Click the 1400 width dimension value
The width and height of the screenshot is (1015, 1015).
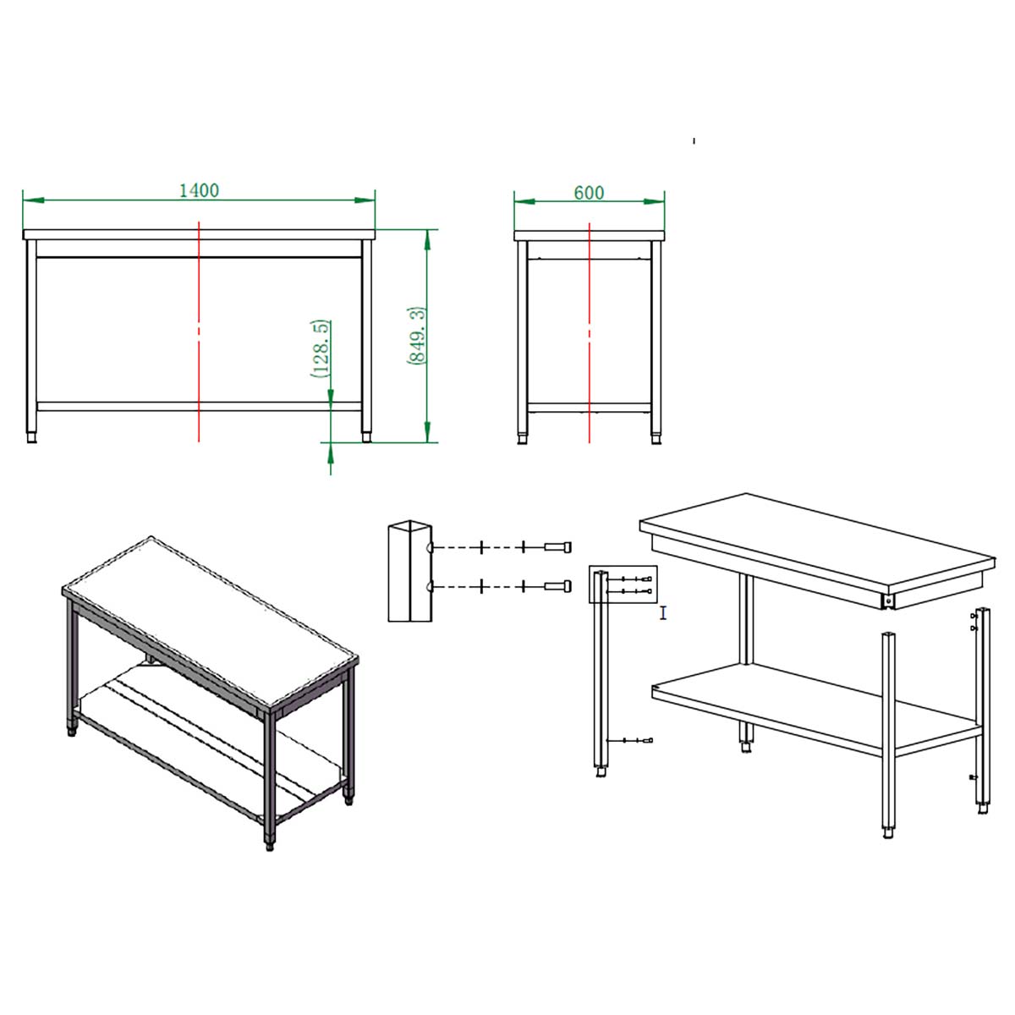199,190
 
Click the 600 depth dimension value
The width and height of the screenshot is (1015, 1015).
589,193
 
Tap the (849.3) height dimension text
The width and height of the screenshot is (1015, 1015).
415,336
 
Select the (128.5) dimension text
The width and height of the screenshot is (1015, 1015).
321,348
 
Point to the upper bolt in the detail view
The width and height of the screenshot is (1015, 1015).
557,547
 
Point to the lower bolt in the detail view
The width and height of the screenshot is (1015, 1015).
557,585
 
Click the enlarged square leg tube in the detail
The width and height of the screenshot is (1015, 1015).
409,571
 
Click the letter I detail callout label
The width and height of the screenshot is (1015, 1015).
663,612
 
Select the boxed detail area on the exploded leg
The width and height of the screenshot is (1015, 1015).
623,584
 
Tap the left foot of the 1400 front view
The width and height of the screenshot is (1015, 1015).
31,437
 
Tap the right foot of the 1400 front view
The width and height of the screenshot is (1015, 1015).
366,437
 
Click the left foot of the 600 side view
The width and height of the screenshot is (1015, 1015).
523,439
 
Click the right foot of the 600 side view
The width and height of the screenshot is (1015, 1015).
656,439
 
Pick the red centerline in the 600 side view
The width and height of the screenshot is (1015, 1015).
590,333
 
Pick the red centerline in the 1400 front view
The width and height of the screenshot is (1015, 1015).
199,332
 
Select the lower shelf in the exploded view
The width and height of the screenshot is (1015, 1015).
816,710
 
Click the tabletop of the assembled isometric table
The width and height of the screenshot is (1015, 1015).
210,622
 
